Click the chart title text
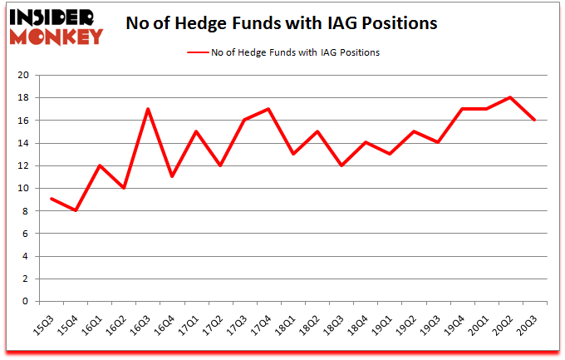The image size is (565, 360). coord(281,24)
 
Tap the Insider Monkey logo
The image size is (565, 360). coord(56,25)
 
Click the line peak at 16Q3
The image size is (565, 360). coord(148,109)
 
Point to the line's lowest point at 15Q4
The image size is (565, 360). coord(76,211)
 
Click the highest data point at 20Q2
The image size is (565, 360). coord(509,98)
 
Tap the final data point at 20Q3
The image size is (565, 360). coord(533,121)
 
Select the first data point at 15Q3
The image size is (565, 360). coord(52,200)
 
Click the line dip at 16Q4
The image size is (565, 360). coord(172,177)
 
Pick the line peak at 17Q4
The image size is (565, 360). coord(268,109)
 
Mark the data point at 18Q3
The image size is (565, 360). coord(341,165)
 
